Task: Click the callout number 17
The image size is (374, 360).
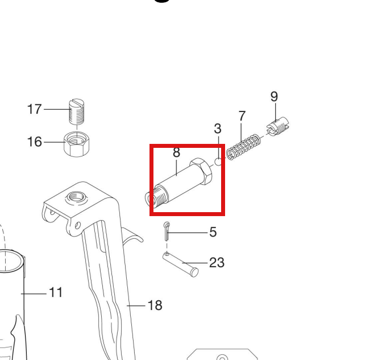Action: [x=35, y=109]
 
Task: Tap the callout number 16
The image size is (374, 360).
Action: [x=35, y=142]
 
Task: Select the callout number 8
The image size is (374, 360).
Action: [x=176, y=152]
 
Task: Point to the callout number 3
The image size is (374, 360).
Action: [x=218, y=129]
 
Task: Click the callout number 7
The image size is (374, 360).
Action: [x=242, y=116]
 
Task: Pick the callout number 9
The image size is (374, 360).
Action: [x=275, y=97]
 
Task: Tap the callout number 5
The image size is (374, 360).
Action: [x=213, y=232]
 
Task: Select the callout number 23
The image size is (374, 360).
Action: [x=217, y=262]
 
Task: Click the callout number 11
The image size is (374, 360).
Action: [x=56, y=292]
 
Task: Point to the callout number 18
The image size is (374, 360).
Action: [x=155, y=305]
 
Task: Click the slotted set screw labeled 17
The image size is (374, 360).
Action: [x=77, y=111]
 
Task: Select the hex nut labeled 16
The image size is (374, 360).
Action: [x=77, y=144]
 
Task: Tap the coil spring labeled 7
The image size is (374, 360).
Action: [x=243, y=147]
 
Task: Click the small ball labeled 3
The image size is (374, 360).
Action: [x=218, y=162]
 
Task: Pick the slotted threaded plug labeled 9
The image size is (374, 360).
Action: [x=278, y=126]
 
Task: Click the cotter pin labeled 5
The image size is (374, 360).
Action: [x=167, y=231]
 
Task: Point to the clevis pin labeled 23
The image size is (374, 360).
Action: [x=181, y=264]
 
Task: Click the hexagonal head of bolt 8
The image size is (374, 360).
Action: [x=201, y=171]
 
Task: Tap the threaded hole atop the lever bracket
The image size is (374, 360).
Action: [x=76, y=197]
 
